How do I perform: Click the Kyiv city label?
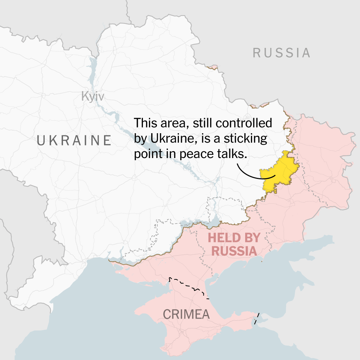(93, 96)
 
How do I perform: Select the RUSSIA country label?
(282, 53)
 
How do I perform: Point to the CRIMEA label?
(186, 314)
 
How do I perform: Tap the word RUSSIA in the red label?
(234, 251)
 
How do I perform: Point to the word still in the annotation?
(203, 123)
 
